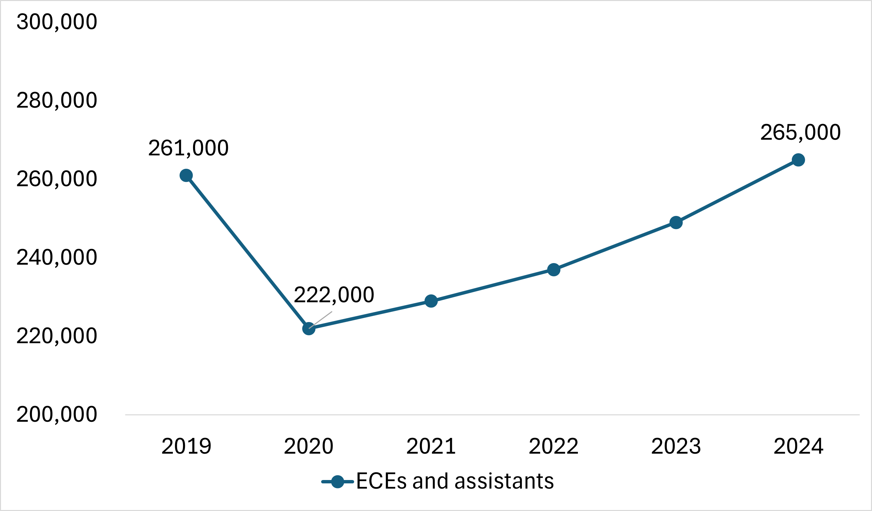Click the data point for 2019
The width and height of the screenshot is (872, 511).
[x=186, y=176]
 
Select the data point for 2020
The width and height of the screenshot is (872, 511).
[x=309, y=329]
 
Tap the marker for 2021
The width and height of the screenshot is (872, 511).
[x=431, y=301]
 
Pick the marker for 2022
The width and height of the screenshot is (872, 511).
[x=554, y=269]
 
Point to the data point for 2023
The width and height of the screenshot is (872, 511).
[x=676, y=222]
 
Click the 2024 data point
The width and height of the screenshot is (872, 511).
[x=798, y=160]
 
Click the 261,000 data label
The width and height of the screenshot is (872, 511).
[x=188, y=148]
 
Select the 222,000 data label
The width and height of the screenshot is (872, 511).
[x=334, y=295]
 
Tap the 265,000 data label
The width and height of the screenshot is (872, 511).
[x=800, y=132]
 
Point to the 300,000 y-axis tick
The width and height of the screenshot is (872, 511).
[x=57, y=22]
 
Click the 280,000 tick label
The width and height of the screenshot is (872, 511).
[x=57, y=100]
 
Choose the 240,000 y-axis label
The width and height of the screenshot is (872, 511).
[x=57, y=257]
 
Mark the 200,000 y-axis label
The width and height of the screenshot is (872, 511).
[x=57, y=414]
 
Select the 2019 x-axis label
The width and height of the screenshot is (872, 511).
[x=186, y=446]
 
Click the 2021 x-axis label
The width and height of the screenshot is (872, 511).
[x=431, y=446]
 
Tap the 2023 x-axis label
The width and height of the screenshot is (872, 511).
[x=676, y=446]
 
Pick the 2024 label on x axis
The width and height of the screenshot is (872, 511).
[x=798, y=446]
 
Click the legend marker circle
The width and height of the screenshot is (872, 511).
[x=337, y=482]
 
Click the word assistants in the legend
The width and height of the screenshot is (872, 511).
[x=504, y=481]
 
